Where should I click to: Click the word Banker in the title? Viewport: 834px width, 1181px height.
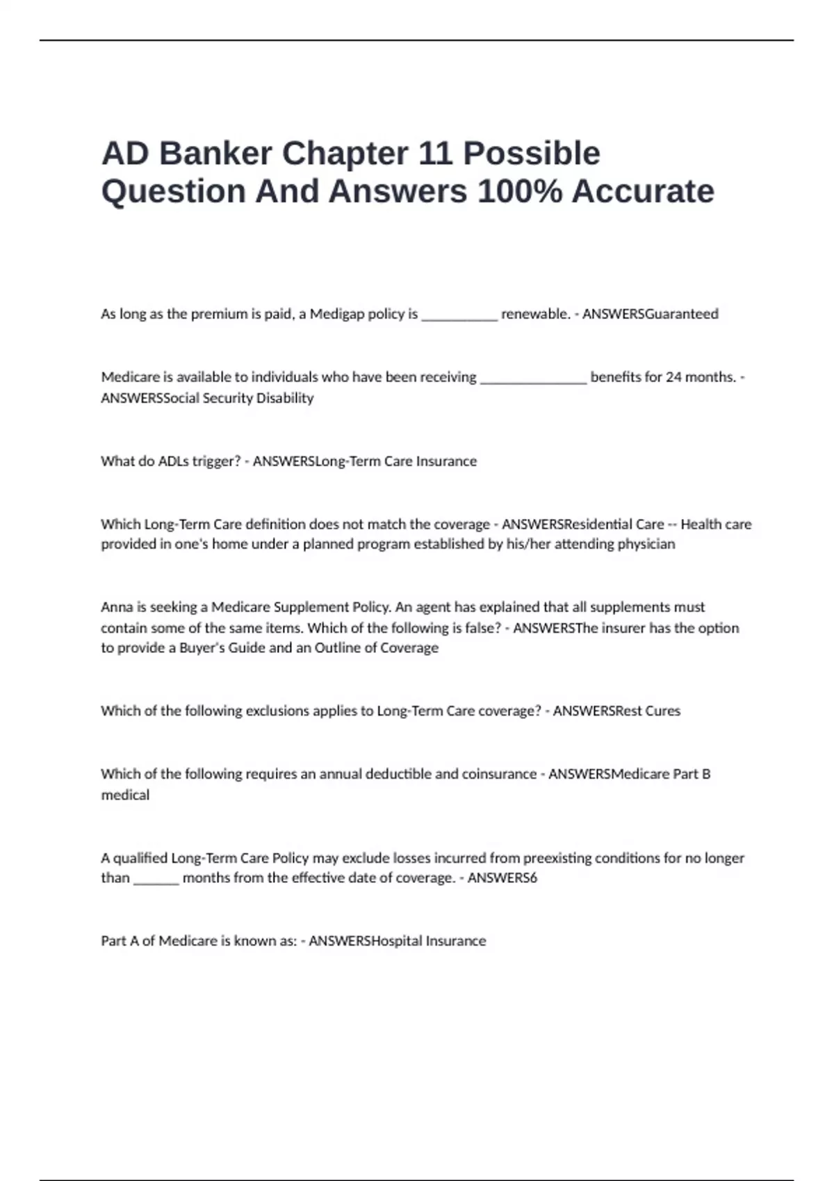coord(215,154)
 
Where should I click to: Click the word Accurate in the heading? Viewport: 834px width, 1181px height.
coord(643,191)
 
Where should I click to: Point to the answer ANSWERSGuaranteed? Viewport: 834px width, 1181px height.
coord(650,314)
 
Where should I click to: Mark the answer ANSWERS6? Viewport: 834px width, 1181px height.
coord(502,878)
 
